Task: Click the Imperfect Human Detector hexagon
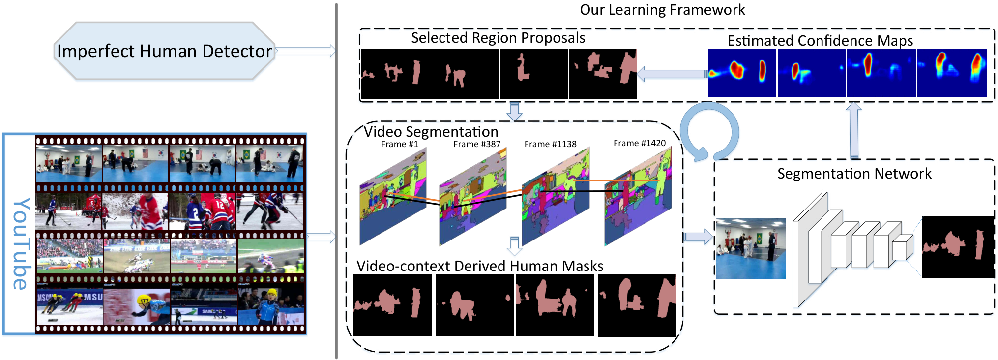click(164, 51)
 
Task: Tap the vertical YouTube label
click(21, 243)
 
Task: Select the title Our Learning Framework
click(662, 10)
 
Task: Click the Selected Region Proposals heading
click(498, 38)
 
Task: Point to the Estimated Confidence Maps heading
click(820, 40)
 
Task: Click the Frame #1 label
click(399, 144)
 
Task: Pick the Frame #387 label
click(477, 144)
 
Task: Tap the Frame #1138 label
click(550, 144)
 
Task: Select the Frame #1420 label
click(640, 143)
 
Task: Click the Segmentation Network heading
click(854, 174)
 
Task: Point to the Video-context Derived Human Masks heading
click(480, 266)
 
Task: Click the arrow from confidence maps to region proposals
click(672, 74)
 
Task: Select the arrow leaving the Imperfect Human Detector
click(305, 51)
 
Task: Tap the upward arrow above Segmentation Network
click(854, 130)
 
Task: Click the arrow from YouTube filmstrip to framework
click(321, 237)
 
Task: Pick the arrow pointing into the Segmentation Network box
click(698, 237)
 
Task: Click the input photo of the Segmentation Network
click(750, 249)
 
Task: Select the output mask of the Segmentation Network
click(958, 247)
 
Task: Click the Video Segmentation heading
click(431, 132)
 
